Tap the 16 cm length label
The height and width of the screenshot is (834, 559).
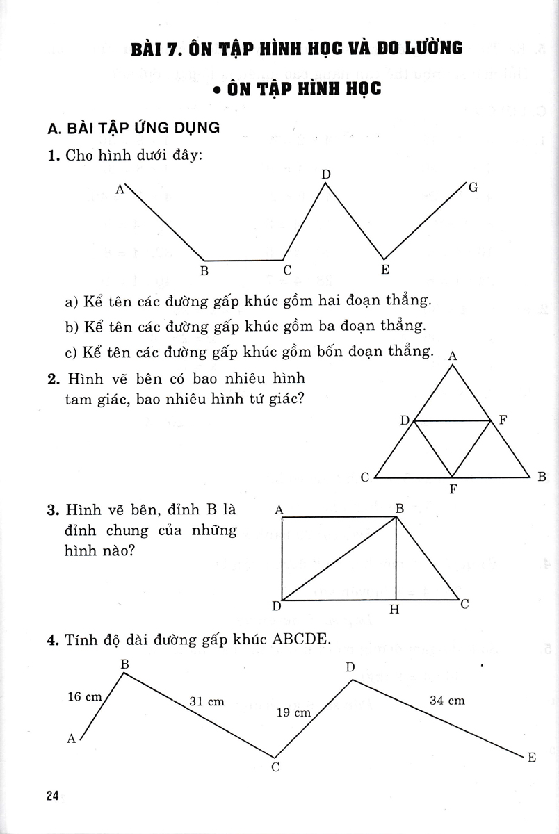(85, 696)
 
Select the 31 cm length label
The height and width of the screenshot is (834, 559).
(207, 701)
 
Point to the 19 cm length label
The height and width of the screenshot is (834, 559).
(293, 712)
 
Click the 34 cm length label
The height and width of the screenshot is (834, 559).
(447, 701)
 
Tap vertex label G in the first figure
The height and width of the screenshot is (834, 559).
(473, 188)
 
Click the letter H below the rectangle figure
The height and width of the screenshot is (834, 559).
(394, 610)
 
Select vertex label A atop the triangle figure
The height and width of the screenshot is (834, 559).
(453, 356)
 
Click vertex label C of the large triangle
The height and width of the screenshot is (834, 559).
(364, 477)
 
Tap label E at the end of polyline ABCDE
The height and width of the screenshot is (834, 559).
(532, 758)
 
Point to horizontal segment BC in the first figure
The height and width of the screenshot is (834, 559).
(243, 260)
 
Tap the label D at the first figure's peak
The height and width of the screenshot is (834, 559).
(325, 173)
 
